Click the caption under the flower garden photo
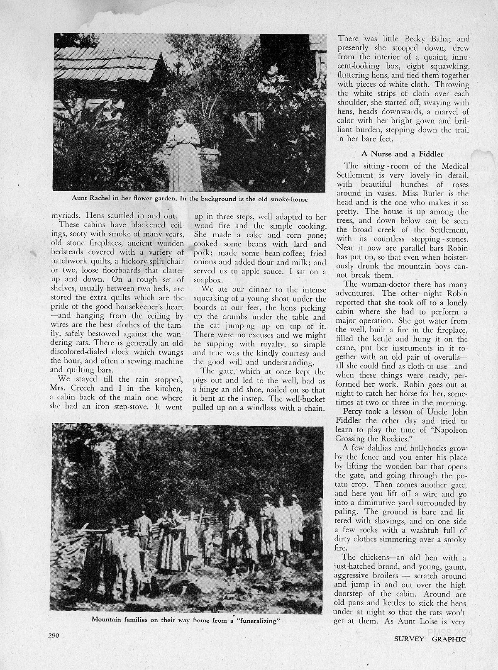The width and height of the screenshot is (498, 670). tap(190, 199)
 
